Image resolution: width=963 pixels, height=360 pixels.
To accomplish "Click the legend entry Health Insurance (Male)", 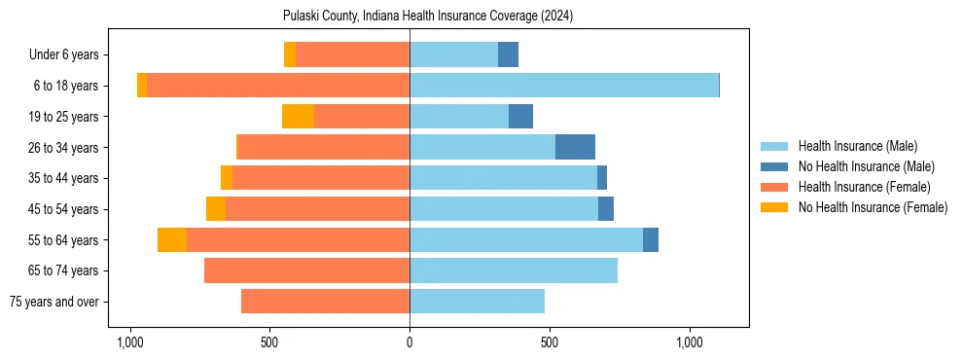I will click(x=857, y=146).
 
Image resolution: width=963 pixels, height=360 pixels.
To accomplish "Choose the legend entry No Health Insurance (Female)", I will click(x=873, y=207).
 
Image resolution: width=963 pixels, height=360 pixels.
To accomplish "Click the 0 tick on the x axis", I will click(x=410, y=343).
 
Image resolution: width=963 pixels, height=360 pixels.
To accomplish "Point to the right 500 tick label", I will click(x=550, y=343).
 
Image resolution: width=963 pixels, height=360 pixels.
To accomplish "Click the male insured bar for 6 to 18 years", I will click(x=564, y=86).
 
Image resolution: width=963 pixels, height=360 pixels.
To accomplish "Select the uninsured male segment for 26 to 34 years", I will click(x=575, y=147).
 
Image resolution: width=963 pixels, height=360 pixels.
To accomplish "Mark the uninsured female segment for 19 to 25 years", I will click(x=298, y=117).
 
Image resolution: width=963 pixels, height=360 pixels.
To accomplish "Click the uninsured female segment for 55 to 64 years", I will click(x=172, y=239).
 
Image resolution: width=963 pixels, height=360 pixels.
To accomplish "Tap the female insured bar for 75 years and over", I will click(x=325, y=302).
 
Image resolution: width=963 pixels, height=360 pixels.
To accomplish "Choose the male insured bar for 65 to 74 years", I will click(x=514, y=270).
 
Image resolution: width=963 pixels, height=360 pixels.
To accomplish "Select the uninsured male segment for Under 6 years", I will click(x=508, y=54).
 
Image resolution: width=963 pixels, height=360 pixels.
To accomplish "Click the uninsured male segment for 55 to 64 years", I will click(x=651, y=239).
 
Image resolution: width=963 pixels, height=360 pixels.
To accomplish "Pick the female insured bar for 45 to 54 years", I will click(x=317, y=209).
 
